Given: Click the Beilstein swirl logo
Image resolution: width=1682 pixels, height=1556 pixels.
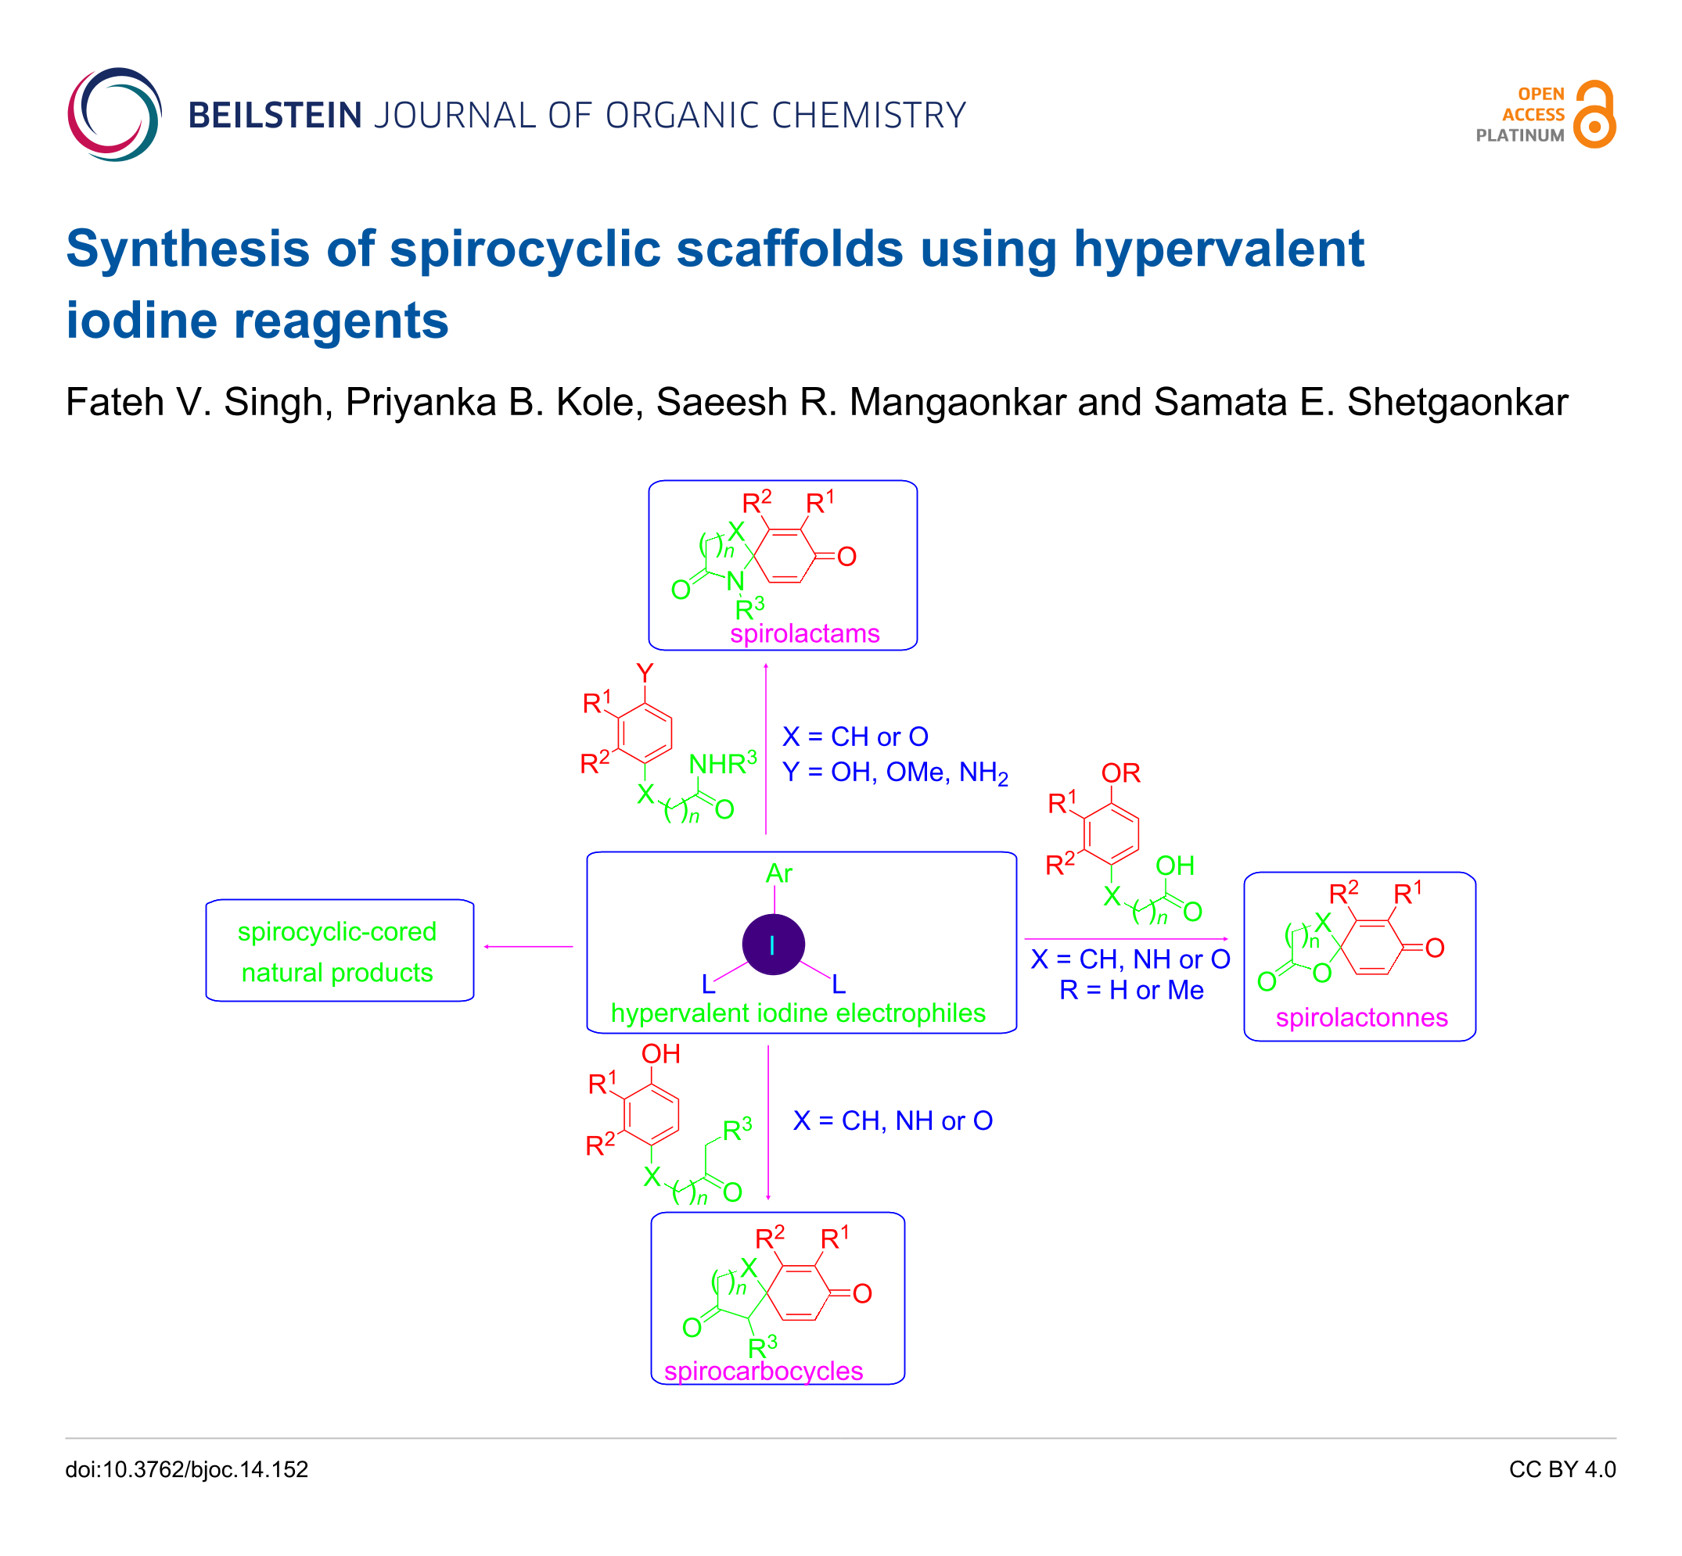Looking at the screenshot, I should (114, 114).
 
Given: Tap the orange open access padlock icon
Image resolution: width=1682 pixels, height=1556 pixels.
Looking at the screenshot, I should (1594, 114).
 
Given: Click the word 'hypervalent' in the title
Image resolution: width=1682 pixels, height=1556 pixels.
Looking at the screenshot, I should (1218, 249).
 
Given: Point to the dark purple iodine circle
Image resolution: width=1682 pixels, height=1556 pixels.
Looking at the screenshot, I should (772, 945).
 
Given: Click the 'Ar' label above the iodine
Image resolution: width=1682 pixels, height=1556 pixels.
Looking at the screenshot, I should (778, 873).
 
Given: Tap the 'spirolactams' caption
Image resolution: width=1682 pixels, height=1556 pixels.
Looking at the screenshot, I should (804, 633).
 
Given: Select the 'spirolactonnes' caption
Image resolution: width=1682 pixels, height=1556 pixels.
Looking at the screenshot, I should (1361, 1017).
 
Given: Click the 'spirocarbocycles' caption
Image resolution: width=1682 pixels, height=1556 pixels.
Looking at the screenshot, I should (763, 1371).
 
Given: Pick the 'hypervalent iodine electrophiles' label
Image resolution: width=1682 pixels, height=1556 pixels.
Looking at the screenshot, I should (798, 1013).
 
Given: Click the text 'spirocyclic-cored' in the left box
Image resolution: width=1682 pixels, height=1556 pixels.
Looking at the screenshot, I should (337, 931).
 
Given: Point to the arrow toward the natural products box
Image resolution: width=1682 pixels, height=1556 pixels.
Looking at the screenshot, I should (528, 946).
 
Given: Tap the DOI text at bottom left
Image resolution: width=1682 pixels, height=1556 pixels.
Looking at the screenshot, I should (187, 1469).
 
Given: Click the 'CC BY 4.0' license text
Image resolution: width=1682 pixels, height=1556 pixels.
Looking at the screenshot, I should (1562, 1469).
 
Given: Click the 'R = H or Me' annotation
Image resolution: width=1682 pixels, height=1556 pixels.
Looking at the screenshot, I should (1131, 990).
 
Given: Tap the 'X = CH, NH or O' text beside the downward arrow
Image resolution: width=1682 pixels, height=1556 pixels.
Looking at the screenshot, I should (893, 1120).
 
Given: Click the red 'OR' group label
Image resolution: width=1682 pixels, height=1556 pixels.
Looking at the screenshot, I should (1120, 773).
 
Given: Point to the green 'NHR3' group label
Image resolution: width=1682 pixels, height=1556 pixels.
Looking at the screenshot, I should (722, 764).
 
